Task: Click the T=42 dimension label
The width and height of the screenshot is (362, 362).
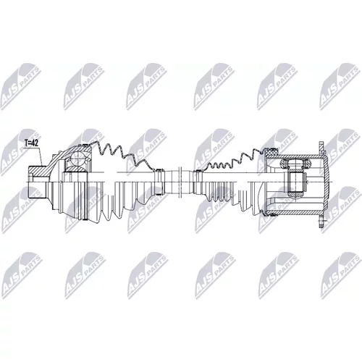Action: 31,143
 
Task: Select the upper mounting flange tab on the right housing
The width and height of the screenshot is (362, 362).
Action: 322,148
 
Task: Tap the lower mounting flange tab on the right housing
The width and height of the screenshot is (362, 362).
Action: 322,221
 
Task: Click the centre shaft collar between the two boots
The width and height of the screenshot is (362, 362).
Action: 180,182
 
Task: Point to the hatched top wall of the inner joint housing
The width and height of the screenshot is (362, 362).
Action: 295,156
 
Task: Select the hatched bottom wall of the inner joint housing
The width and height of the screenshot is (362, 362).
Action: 295,213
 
